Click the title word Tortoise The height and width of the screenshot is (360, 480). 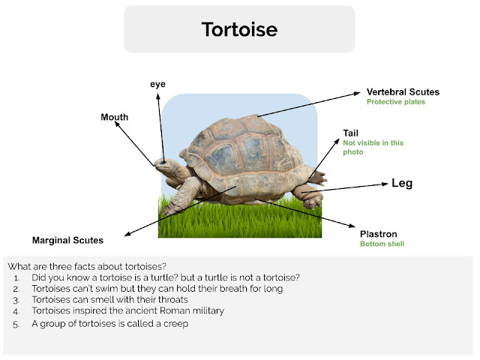tap(239, 30)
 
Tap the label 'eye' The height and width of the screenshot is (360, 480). tap(157, 85)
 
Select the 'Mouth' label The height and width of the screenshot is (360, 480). tap(115, 117)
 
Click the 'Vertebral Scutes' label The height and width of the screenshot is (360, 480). tap(403, 91)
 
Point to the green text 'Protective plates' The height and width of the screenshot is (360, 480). tap(395, 102)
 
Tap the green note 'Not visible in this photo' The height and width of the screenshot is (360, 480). tap(363, 147)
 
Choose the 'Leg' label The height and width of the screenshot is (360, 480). tap(402, 183)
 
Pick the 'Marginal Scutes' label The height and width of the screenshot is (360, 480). tap(67, 241)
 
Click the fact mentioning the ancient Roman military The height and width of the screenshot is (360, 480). tap(128, 310)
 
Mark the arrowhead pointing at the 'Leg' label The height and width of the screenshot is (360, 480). tap(385, 184)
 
